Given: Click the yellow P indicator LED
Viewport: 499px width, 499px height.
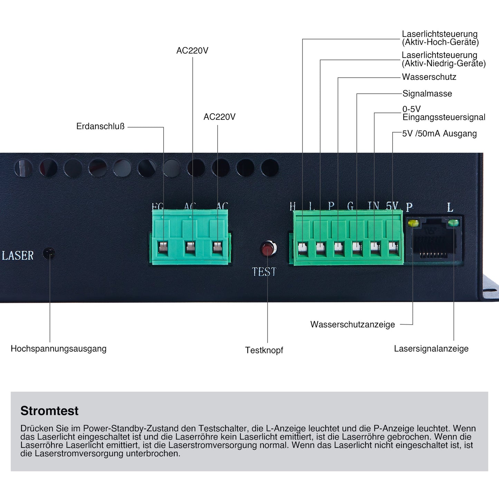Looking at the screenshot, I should [413, 223].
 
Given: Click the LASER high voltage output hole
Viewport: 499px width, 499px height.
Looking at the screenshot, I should [49, 253].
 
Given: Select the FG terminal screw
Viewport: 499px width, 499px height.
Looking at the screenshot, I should [163, 247].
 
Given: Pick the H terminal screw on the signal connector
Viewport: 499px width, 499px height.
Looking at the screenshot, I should [303, 248].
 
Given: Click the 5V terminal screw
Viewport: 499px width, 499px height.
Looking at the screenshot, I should [393, 248].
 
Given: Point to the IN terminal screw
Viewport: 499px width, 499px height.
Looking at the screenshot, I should [375, 248].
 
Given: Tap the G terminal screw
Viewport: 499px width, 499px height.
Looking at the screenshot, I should [357, 248].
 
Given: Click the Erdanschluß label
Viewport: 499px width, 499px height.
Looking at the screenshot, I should [100, 126].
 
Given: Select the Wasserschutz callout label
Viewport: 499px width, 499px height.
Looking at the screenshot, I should [429, 77].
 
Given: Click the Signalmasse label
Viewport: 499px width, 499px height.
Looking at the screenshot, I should [427, 94].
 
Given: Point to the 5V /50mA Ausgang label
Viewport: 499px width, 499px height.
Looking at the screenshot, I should [439, 134].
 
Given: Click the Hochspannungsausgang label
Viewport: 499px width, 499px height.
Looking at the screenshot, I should [58, 348].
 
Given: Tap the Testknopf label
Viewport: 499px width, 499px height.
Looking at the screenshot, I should [264, 350].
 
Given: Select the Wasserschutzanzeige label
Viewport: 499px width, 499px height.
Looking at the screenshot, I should [353, 325].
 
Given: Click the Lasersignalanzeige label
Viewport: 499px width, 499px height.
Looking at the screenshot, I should [431, 348].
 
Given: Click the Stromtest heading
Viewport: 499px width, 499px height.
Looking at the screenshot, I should [49, 411].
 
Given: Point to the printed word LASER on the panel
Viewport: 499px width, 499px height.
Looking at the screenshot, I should [18, 256].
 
